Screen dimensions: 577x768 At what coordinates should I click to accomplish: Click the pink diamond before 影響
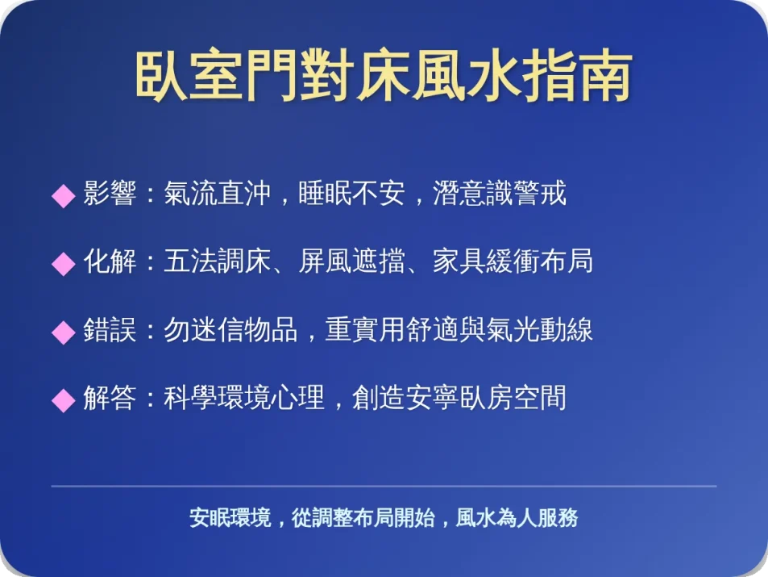[x=63, y=196]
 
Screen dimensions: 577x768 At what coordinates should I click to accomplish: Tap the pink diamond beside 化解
[x=63, y=264]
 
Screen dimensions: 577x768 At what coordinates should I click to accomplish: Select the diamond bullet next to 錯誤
[x=63, y=332]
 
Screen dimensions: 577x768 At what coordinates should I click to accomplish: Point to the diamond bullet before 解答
[x=63, y=399]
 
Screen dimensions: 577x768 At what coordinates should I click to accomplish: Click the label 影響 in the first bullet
[x=110, y=194]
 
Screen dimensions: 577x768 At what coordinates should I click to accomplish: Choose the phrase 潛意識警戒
[x=500, y=194]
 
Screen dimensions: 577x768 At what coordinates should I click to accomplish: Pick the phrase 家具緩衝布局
[x=513, y=262]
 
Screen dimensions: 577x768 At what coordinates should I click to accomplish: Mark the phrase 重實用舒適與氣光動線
[x=459, y=330]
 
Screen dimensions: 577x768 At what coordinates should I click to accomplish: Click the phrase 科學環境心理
[x=243, y=398]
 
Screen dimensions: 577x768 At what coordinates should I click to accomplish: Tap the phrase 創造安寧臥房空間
[x=459, y=398]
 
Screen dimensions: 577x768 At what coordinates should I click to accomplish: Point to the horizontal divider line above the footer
[x=384, y=487]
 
